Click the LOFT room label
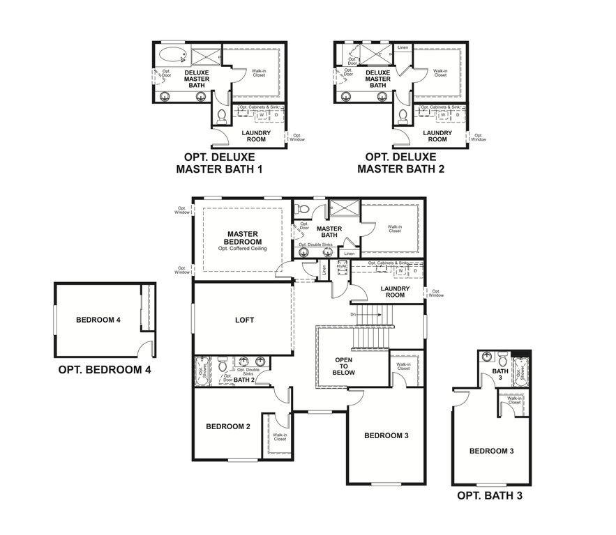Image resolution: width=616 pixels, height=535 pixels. (x=244, y=320)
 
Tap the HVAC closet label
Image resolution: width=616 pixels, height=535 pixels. (x=342, y=266)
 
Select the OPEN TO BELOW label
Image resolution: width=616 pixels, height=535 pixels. (x=345, y=366)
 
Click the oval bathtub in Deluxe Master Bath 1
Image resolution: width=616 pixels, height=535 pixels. (x=171, y=54)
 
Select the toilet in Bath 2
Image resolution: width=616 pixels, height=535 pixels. (x=222, y=364)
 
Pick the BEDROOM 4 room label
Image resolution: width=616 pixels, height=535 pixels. (x=98, y=320)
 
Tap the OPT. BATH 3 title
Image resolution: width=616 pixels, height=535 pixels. (x=489, y=496)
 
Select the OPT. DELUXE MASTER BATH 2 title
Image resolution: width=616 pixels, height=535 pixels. (x=400, y=163)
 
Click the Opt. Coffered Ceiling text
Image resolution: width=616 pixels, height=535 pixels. (x=242, y=249)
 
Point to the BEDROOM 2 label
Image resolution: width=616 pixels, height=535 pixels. (x=227, y=426)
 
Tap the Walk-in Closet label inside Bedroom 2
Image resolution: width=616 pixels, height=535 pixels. (x=279, y=436)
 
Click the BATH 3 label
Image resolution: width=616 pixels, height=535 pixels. (x=500, y=375)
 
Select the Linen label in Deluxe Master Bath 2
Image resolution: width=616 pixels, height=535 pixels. (x=403, y=48)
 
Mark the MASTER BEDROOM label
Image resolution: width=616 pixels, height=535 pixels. (x=242, y=238)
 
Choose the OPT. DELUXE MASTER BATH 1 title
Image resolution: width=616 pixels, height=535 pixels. (x=219, y=163)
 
